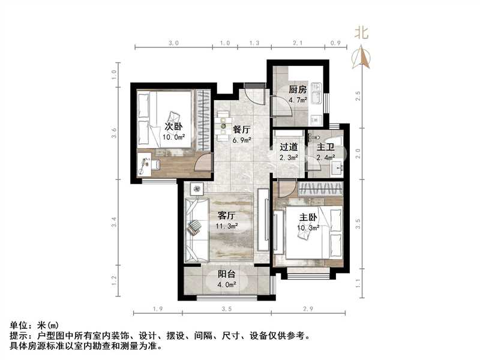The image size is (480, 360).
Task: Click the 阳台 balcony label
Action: click(x=226, y=274)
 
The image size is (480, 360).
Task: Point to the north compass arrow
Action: click(x=361, y=58)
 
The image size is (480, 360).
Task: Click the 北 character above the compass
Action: click(x=361, y=34)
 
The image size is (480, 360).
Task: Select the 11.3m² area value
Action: click(x=227, y=227)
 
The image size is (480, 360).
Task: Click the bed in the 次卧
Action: click(x=165, y=119)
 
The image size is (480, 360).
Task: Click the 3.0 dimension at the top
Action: click(x=173, y=43)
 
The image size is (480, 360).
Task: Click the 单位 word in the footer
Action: click(x=18, y=326)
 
